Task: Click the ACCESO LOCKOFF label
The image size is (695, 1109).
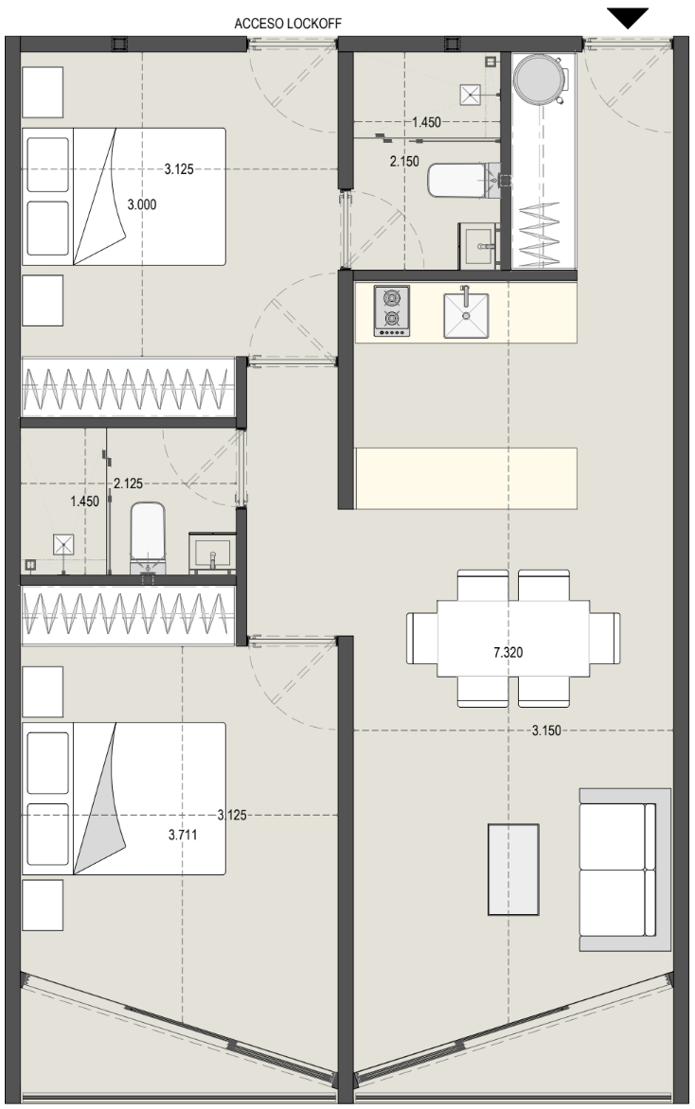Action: click(287, 24)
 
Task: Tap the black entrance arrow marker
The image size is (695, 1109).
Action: click(628, 18)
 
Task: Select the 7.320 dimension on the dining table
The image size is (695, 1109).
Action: click(508, 652)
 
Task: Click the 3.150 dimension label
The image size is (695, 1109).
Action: click(546, 730)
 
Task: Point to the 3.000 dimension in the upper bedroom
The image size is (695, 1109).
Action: click(141, 204)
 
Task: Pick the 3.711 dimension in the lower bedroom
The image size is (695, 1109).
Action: click(183, 835)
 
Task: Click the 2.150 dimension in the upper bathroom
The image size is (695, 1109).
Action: click(404, 161)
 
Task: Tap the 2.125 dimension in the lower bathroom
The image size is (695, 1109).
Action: click(128, 484)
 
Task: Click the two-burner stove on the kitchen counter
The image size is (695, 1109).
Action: click(391, 310)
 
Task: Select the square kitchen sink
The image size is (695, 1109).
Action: click(466, 315)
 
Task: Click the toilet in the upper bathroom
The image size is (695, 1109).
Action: click(464, 181)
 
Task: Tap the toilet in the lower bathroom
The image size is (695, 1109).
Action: click(148, 537)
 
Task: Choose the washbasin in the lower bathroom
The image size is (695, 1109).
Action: click(212, 553)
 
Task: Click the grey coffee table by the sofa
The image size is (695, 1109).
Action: click(513, 870)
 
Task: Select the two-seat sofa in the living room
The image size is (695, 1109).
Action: click(624, 870)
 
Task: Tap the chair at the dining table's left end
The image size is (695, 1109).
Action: click(421, 638)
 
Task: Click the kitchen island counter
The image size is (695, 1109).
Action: click(466, 478)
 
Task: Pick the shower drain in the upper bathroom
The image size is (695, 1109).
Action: click(471, 94)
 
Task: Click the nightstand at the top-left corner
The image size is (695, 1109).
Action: click(43, 92)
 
